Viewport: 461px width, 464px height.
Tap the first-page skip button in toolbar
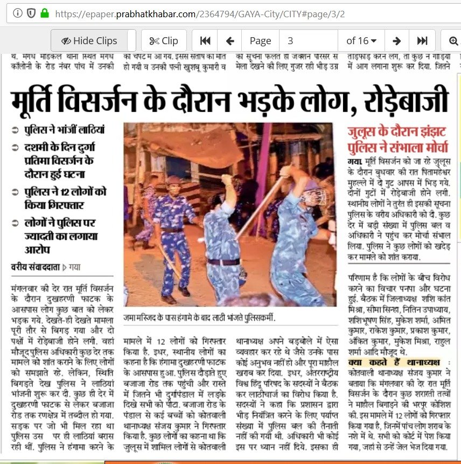[x=205, y=41]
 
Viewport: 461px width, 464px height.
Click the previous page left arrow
[x=230, y=41]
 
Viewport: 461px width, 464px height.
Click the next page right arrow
[x=397, y=41]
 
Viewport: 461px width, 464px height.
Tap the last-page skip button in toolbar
[x=422, y=41]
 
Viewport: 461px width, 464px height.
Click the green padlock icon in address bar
[x=44, y=12]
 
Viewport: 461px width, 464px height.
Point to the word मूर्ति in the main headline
[x=41, y=100]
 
